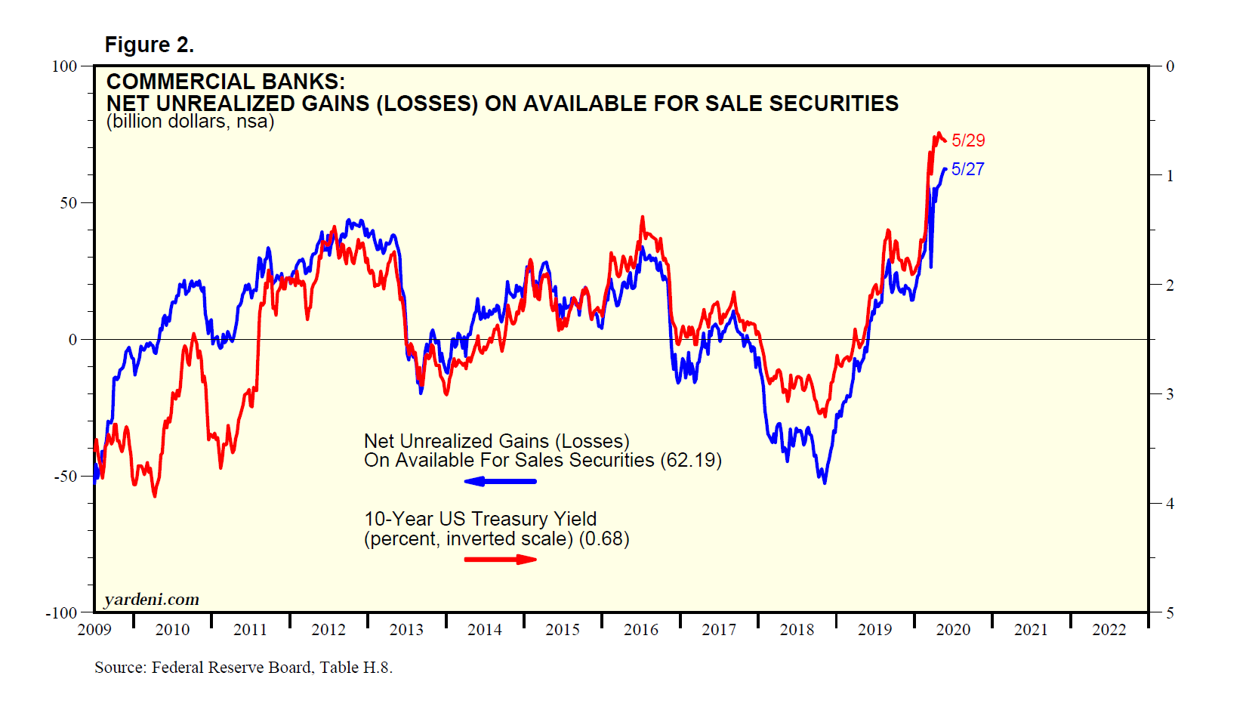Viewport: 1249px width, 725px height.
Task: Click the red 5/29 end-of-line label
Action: click(x=968, y=140)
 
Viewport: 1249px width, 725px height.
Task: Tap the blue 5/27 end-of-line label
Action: click(x=967, y=169)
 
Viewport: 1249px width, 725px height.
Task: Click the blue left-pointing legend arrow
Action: click(x=500, y=481)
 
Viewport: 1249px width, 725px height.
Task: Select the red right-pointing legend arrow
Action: click(x=500, y=560)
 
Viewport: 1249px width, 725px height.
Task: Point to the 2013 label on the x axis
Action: click(x=406, y=630)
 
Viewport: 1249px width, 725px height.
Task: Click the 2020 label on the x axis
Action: click(x=953, y=630)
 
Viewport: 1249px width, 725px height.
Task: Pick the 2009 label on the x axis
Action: click(x=94, y=630)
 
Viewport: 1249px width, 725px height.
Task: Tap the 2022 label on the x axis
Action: click(x=1109, y=630)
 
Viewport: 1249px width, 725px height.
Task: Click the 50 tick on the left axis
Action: click(x=69, y=203)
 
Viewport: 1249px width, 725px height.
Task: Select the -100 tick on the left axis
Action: click(x=62, y=612)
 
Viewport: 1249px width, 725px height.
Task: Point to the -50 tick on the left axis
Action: click(x=66, y=477)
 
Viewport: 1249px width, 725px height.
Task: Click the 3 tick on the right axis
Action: click(x=1170, y=394)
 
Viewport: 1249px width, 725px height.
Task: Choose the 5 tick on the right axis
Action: click(x=1170, y=612)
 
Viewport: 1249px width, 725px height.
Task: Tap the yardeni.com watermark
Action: click(x=152, y=600)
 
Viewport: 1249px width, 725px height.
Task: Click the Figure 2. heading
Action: click(x=149, y=45)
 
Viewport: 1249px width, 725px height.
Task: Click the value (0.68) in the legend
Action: click(x=604, y=539)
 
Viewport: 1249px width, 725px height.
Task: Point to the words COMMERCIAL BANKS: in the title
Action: click(x=225, y=82)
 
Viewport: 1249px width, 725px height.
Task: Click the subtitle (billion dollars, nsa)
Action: click(x=190, y=122)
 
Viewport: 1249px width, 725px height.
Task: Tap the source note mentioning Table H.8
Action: click(x=243, y=668)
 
